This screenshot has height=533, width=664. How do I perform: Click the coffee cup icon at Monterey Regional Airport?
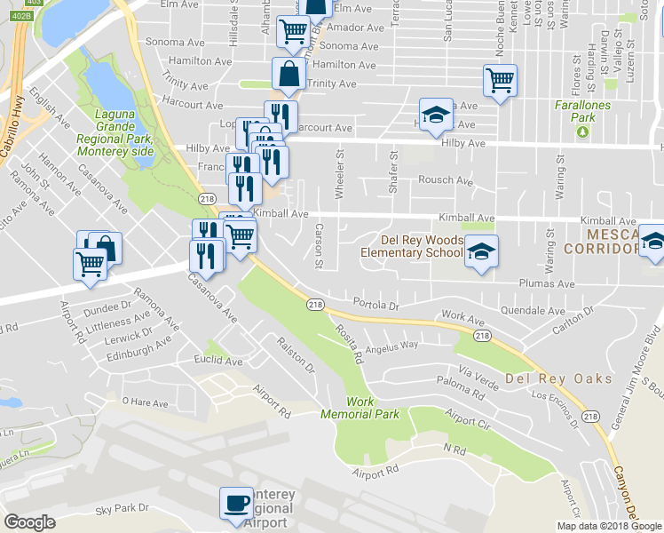[236, 503]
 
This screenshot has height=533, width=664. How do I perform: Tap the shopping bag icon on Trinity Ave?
[289, 74]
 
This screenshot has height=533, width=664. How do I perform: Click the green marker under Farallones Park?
[582, 132]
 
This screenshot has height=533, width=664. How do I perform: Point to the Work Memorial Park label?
[373, 408]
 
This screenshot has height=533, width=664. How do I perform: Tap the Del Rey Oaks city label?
[558, 378]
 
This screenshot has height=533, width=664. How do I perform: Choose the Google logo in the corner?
[29, 522]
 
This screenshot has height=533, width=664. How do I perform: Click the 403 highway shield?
[34, 3]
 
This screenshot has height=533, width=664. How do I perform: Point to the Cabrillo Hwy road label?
[17, 133]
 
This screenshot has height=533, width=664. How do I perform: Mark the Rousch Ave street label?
[446, 180]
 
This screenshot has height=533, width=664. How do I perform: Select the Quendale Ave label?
[533, 312]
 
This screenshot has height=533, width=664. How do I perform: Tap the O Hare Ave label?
[145, 402]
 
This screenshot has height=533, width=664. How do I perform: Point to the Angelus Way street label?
[391, 346]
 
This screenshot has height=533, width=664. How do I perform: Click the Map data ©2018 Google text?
[609, 526]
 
